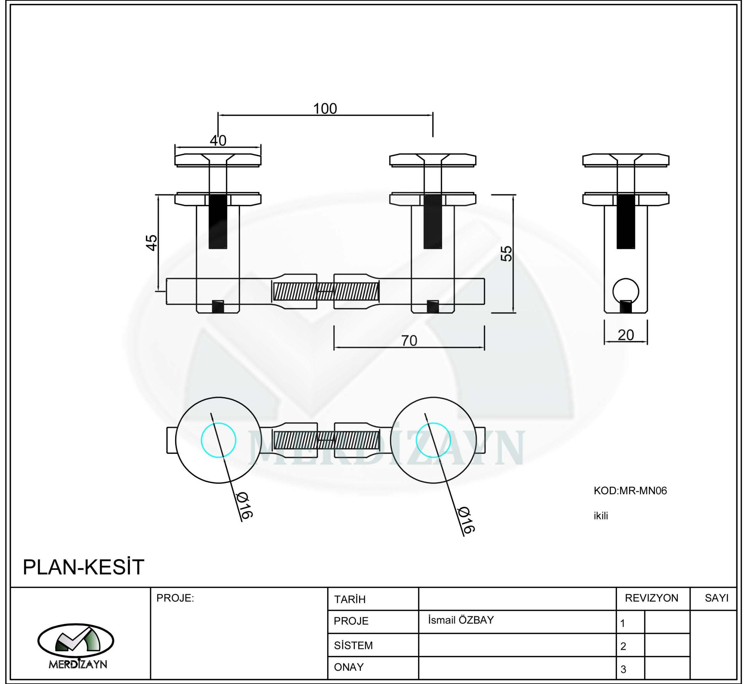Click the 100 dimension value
325,109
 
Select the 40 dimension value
218,140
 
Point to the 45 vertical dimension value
152,243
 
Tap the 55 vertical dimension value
506,254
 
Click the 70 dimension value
409,341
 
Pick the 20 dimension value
626,335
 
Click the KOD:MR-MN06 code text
630,491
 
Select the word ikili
601,516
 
